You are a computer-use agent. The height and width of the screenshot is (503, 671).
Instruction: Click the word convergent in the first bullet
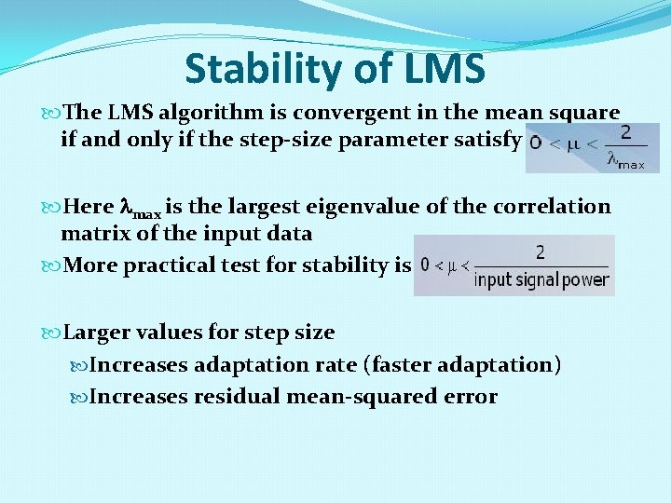349,113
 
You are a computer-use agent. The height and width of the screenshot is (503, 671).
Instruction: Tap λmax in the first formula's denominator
625,159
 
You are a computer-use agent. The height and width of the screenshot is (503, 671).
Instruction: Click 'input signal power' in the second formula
541,279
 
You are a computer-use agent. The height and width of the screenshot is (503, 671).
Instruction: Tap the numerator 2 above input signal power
541,251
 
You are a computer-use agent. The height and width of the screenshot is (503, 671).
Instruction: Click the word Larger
98,332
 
